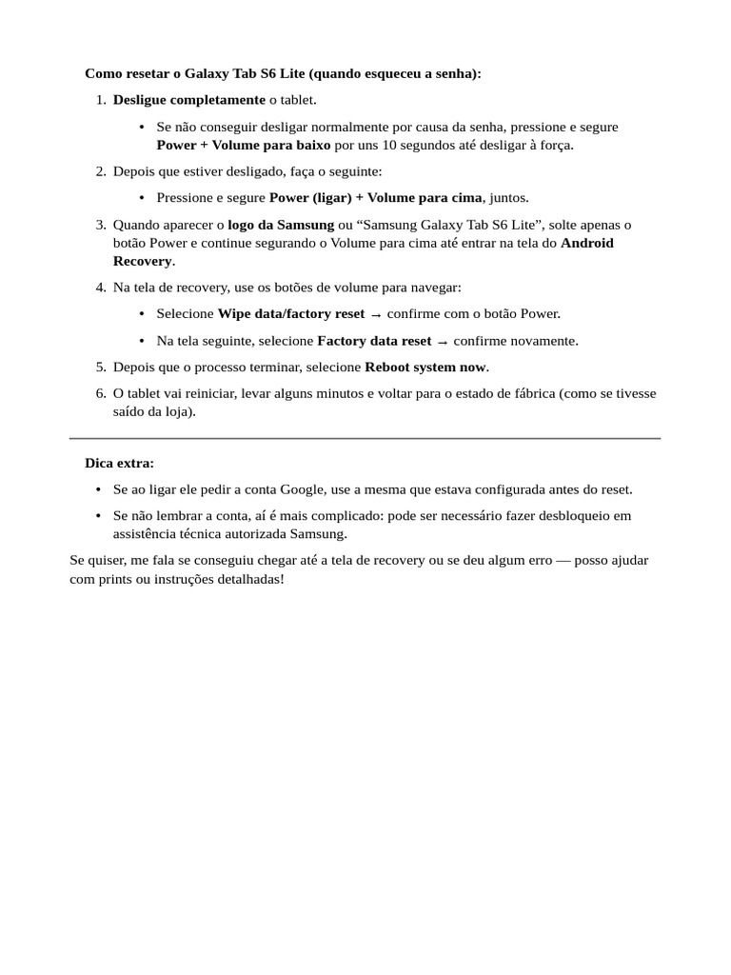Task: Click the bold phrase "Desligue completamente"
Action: (x=188, y=100)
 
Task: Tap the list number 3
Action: (x=101, y=225)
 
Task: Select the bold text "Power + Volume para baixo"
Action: (x=244, y=146)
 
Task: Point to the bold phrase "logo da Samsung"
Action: (x=281, y=225)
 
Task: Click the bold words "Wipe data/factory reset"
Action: (x=290, y=313)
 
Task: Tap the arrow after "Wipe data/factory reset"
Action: (x=376, y=314)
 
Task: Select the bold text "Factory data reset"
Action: (x=374, y=341)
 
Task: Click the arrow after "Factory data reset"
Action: (x=442, y=342)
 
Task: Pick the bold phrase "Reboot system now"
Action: (x=425, y=367)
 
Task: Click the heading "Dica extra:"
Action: (x=119, y=463)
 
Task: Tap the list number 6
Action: (x=101, y=393)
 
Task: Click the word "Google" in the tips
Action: (x=302, y=489)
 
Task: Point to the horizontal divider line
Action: (x=365, y=438)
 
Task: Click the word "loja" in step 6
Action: (x=176, y=411)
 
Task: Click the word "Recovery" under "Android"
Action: (x=143, y=261)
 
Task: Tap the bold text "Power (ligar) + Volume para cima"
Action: (x=376, y=198)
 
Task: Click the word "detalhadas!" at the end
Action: (x=249, y=578)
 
